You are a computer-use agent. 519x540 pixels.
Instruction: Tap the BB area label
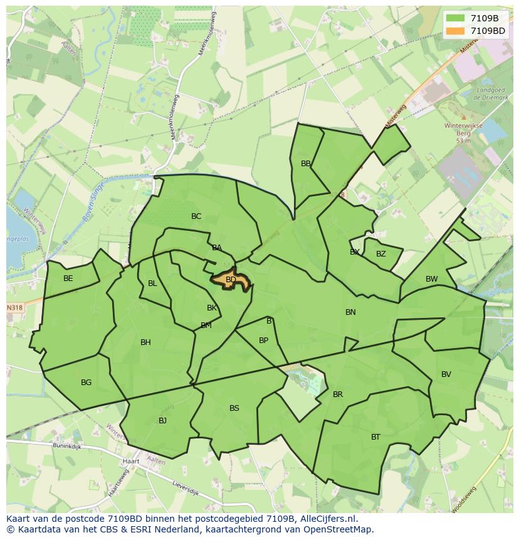coord(306,164)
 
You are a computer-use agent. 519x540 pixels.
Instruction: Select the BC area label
coord(196,216)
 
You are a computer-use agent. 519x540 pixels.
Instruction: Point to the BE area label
coord(68,278)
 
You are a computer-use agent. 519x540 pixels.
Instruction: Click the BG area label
coord(86,383)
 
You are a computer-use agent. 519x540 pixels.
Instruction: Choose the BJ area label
coord(162,421)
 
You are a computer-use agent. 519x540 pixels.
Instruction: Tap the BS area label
coord(234,408)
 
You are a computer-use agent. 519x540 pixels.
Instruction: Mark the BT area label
coord(375,437)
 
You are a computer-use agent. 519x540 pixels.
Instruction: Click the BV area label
coord(446,374)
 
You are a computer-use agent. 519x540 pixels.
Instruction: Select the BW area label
coord(432,279)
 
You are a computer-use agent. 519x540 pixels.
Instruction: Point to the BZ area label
coord(381,254)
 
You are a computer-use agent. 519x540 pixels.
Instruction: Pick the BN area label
coord(350,312)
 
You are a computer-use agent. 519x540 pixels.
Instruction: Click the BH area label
coord(145,342)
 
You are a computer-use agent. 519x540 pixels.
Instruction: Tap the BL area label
coord(152,283)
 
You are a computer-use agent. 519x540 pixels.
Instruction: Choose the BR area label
coord(338,394)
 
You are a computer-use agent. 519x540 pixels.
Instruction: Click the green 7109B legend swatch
coord(455,18)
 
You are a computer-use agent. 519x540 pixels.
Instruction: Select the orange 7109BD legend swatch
coord(455,31)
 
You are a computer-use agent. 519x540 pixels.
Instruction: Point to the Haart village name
coord(132,461)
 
